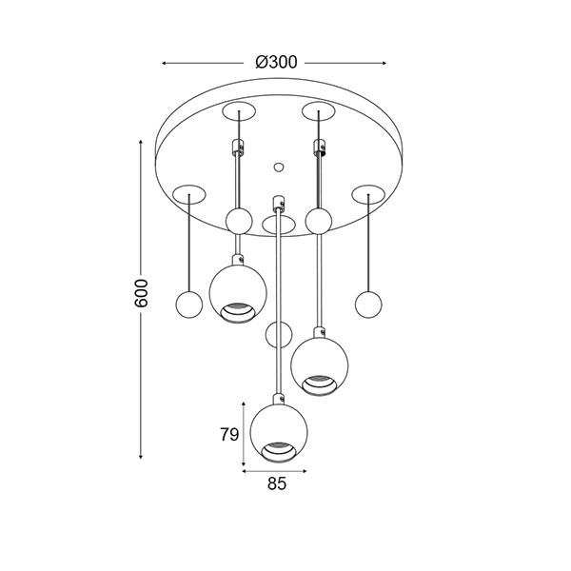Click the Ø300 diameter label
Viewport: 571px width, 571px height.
(276, 62)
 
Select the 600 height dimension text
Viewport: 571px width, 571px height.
(141, 293)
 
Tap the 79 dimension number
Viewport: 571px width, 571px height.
(229, 434)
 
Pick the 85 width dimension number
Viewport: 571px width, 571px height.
(277, 483)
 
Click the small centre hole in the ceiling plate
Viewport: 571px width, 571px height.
(279, 167)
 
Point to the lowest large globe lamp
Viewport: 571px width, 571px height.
(279, 434)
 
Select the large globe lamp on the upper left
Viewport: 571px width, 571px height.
(238, 294)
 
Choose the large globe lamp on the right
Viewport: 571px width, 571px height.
(320, 366)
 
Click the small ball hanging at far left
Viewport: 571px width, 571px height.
(189, 305)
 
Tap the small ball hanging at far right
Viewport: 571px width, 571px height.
(368, 305)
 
